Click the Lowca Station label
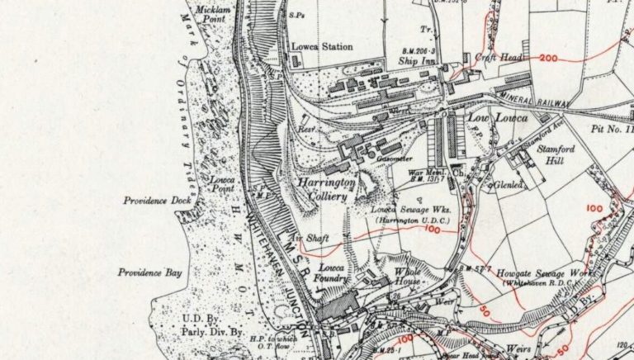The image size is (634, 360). point(321,47)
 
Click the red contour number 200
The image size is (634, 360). point(549,59)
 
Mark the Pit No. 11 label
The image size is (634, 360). point(613,130)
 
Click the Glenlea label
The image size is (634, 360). point(510,186)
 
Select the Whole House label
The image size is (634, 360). point(409,278)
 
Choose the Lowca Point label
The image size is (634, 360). point(222,183)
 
